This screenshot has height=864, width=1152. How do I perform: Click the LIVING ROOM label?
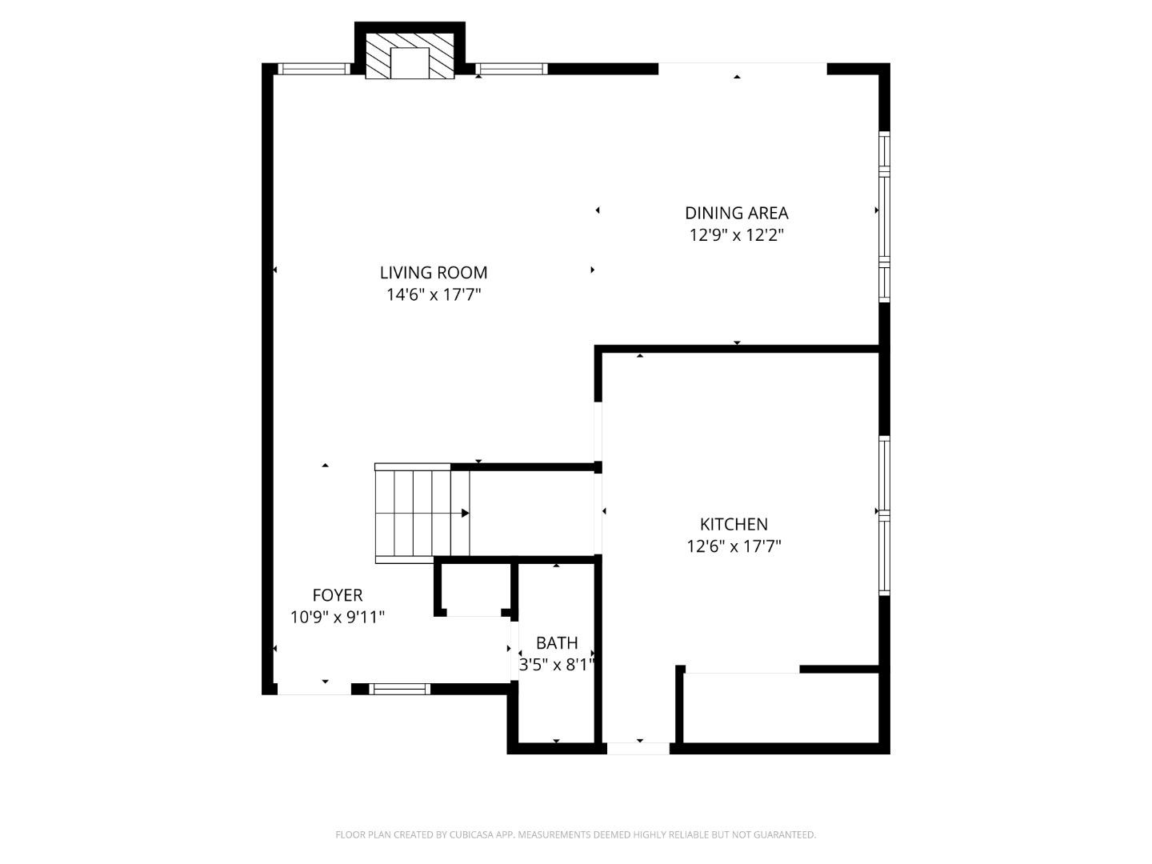click(x=434, y=272)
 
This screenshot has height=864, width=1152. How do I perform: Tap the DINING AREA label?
click(x=736, y=213)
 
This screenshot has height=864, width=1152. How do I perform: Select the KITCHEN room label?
click(x=734, y=524)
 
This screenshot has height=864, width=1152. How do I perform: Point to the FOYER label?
click(x=338, y=595)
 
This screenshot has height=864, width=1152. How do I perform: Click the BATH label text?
click(x=557, y=642)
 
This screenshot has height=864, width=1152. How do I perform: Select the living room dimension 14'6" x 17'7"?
click(x=434, y=295)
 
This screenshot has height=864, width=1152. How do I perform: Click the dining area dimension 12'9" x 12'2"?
click(x=736, y=235)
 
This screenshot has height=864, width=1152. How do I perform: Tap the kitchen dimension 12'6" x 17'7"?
click(x=734, y=546)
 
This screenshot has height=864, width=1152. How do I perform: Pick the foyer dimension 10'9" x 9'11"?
click(x=338, y=618)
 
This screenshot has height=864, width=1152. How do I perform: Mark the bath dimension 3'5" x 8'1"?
click(x=557, y=665)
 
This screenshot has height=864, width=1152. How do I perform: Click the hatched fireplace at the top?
click(x=410, y=56)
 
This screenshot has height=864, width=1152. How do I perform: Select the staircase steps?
click(x=413, y=513)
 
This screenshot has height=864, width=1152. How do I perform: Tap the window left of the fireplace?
click(x=314, y=69)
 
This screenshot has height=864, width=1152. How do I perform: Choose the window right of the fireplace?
click(x=511, y=69)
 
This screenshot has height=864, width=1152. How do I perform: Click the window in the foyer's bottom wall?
click(x=399, y=689)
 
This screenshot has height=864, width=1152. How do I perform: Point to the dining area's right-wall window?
click(x=884, y=217)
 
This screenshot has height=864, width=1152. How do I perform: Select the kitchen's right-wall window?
click(x=884, y=515)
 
